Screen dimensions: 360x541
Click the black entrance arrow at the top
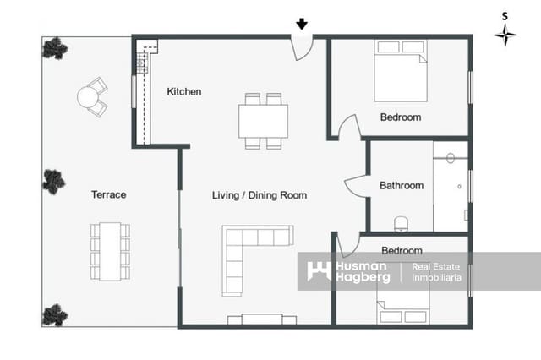[x=302, y=25]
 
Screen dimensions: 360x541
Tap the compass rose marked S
[x=505, y=34]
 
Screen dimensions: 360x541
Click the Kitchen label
[x=183, y=91]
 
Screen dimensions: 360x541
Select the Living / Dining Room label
[x=259, y=195]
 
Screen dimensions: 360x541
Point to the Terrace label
[x=108, y=194]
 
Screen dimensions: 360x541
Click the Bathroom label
[x=401, y=185]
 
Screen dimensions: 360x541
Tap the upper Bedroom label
[x=400, y=117]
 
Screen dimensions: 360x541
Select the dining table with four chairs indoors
[x=263, y=121]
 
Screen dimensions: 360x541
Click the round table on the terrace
[x=90, y=98]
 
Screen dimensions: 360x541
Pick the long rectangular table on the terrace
[x=111, y=251]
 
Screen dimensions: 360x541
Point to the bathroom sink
[x=451, y=158]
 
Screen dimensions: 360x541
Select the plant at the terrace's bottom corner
[x=54, y=314]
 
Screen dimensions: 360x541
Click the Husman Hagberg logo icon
[x=319, y=271]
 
